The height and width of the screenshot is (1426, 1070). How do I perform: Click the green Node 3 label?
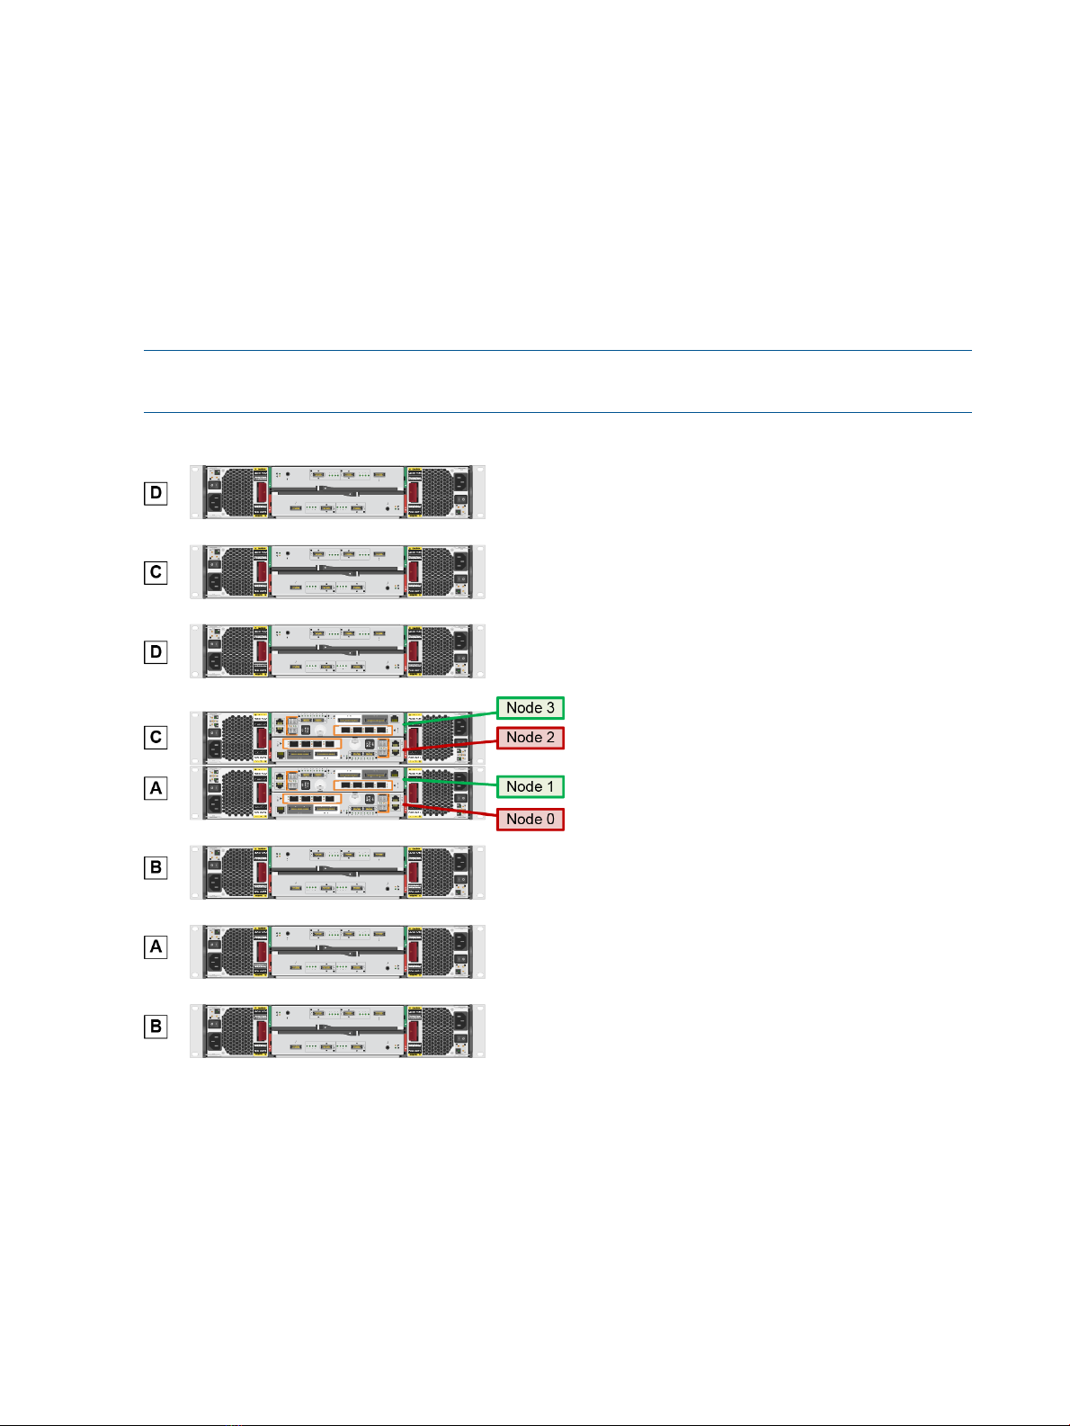[530, 708]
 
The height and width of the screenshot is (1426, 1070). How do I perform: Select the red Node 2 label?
[530, 738]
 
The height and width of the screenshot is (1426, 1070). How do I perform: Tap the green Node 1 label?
[530, 786]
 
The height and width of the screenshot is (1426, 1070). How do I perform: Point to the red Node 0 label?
[530, 819]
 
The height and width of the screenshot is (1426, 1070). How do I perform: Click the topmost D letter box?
[156, 493]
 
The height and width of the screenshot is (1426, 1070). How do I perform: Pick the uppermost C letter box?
[156, 572]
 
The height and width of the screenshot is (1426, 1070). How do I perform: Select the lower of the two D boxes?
[156, 651]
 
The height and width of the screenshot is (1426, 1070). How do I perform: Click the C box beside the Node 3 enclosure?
[156, 738]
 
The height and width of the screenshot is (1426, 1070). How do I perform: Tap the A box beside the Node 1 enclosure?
[156, 788]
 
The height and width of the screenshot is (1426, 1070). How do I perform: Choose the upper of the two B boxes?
[156, 867]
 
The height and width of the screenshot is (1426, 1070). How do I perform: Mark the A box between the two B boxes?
[156, 946]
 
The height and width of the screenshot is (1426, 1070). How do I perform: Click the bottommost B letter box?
[156, 1026]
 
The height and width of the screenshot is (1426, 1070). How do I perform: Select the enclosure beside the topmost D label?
[337, 492]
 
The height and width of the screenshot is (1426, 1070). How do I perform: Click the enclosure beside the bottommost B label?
[337, 1030]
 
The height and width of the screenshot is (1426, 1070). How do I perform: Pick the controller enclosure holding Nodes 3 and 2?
[337, 738]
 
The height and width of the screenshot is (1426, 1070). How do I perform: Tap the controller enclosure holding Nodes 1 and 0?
[337, 793]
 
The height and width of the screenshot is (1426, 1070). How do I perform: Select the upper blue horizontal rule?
[557, 351]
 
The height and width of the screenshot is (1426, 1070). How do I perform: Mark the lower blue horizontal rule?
[557, 413]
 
